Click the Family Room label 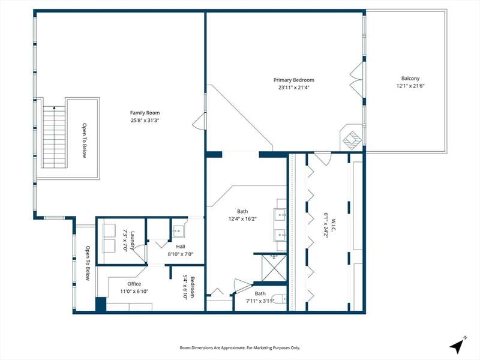(x=145, y=113)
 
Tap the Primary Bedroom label (x=294, y=80)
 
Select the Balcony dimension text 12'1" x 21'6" (x=410, y=86)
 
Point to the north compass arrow (x=457, y=346)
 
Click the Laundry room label (x=133, y=241)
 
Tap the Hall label (x=181, y=247)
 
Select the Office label (x=134, y=284)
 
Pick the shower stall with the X (x=274, y=268)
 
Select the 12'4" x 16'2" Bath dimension (x=242, y=219)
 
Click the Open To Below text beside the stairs (x=84, y=140)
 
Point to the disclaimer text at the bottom (x=239, y=348)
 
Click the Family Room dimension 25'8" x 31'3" (x=145, y=121)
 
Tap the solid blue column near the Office (x=101, y=304)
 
